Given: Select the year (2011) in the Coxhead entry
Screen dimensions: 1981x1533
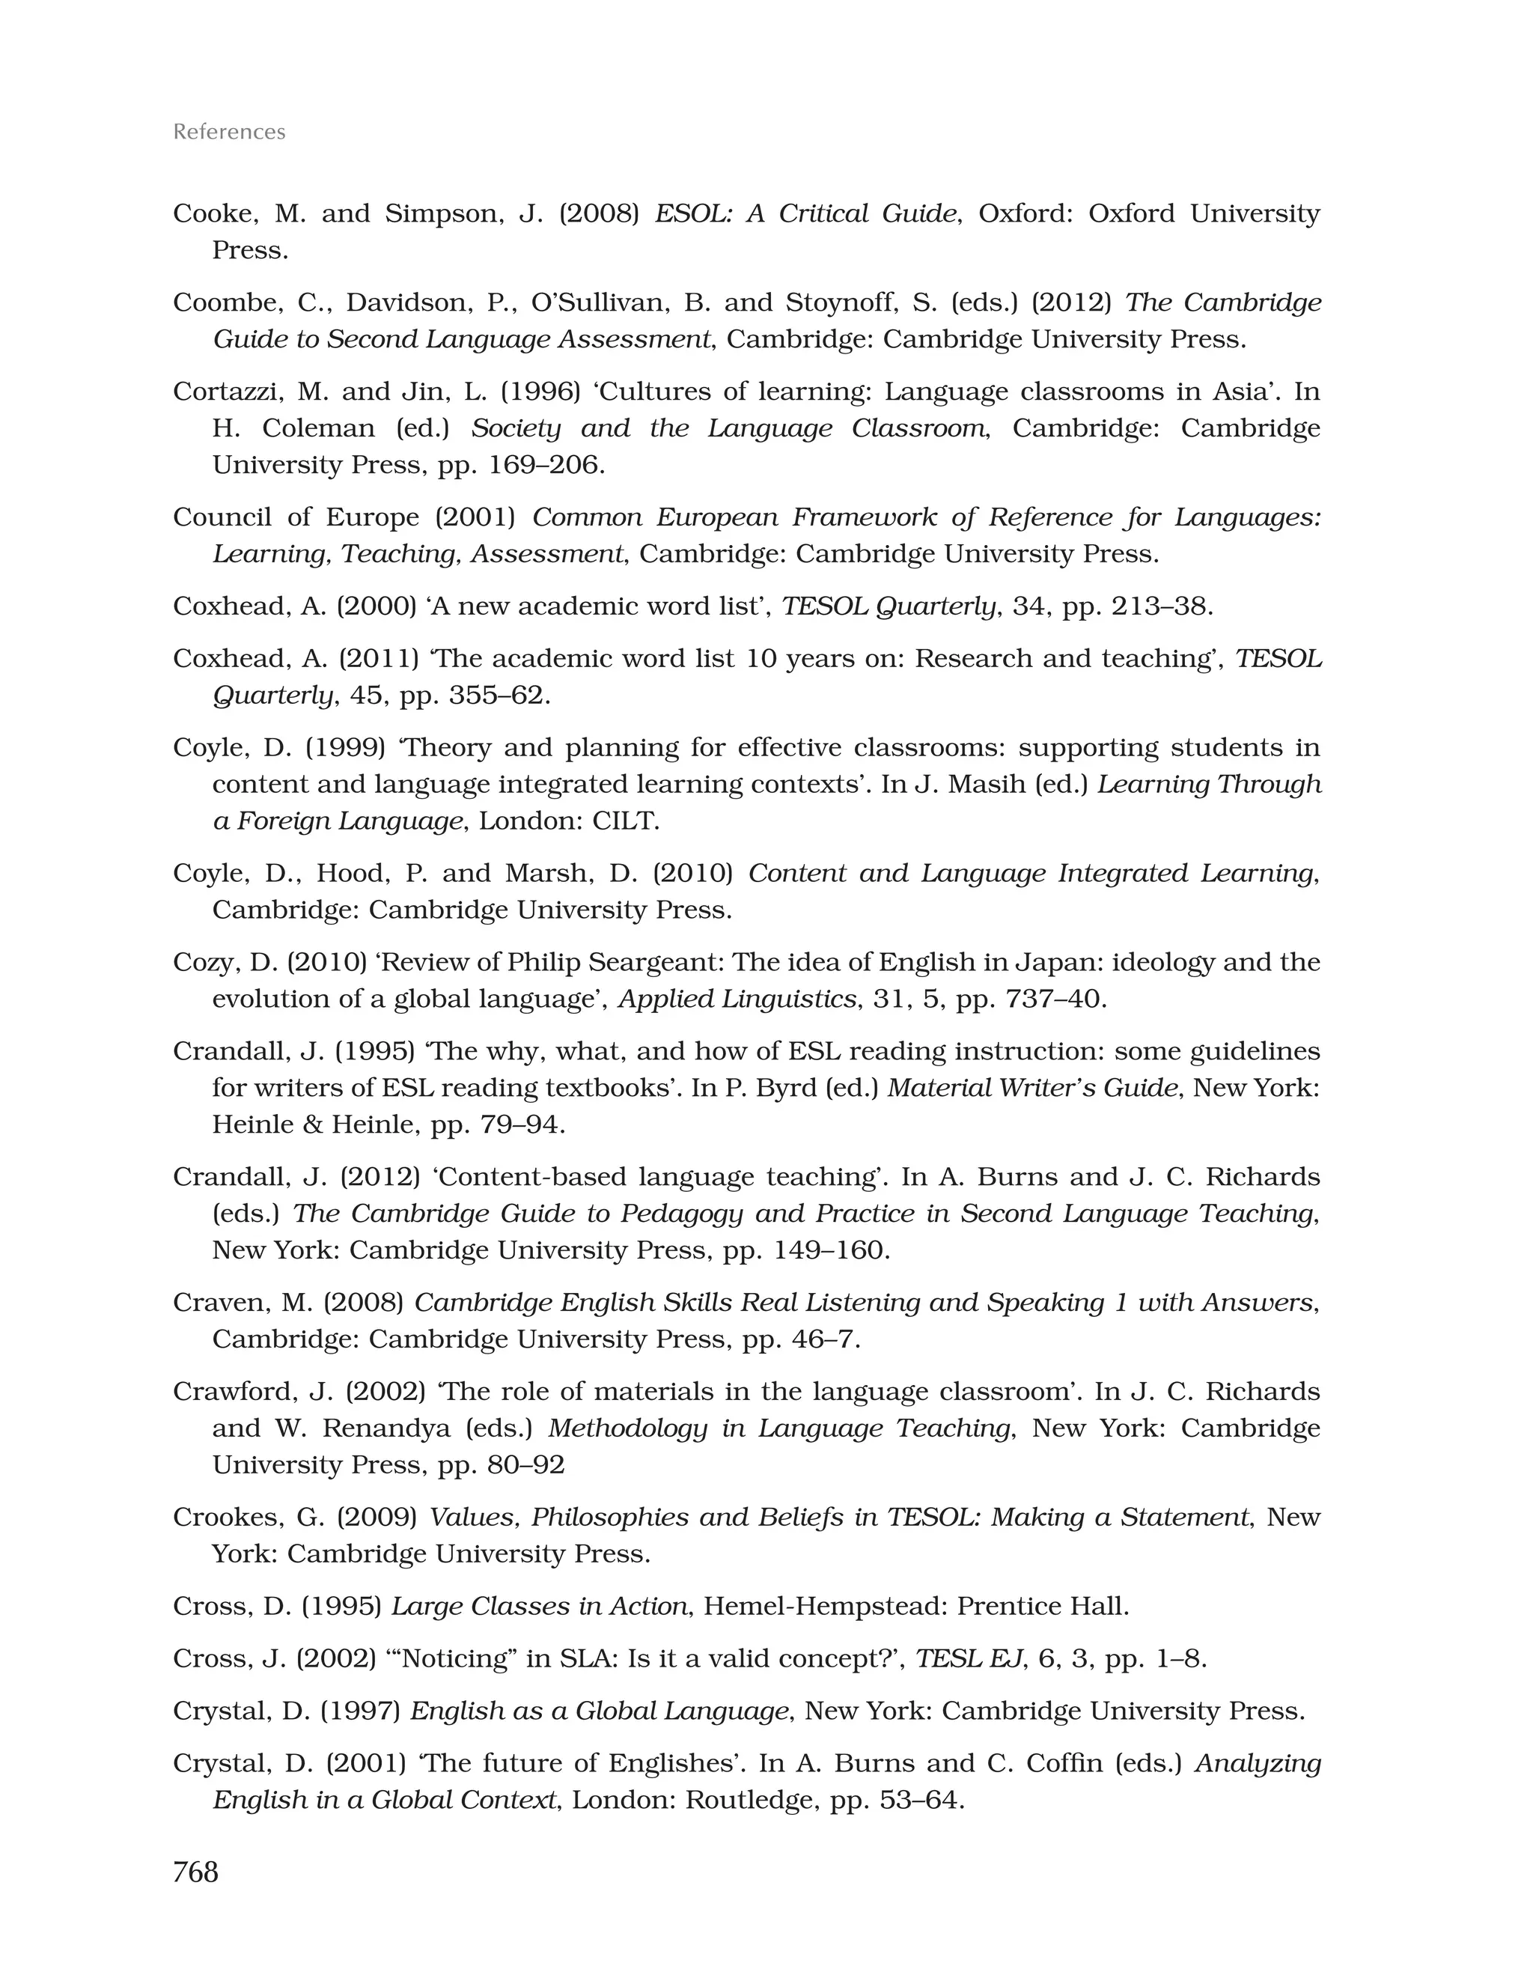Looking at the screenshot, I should tap(380, 659).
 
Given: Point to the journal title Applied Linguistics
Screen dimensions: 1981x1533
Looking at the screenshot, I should tap(737, 999).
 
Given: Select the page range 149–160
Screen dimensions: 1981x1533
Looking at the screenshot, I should tap(831, 1250).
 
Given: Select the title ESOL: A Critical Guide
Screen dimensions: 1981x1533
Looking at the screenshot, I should tap(805, 214).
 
